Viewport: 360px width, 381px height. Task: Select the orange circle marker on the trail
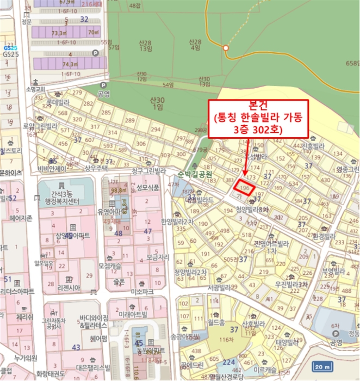(226, 48)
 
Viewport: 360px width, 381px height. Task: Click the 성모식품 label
(148, 187)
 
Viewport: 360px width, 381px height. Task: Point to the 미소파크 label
(140, 292)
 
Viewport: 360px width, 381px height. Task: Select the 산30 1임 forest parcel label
(157, 103)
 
